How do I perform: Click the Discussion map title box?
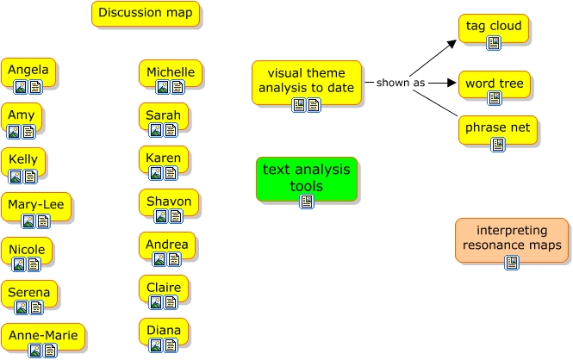[146, 13]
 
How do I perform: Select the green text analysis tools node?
[306, 178]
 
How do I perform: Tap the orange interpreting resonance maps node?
[512, 239]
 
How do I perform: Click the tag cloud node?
[494, 27]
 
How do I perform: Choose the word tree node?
[494, 84]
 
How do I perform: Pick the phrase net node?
[498, 128]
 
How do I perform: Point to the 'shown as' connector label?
[401, 83]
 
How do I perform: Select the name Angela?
[28, 70]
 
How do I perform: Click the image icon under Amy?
[14, 132]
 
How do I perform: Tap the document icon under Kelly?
[29, 177]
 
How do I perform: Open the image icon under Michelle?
[162, 87]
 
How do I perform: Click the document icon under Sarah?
[171, 130]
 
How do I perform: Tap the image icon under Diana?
[156, 345]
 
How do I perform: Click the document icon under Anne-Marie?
[50, 351]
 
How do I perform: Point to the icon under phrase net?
[498, 144]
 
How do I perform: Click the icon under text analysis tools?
[306, 202]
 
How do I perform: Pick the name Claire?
[163, 288]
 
